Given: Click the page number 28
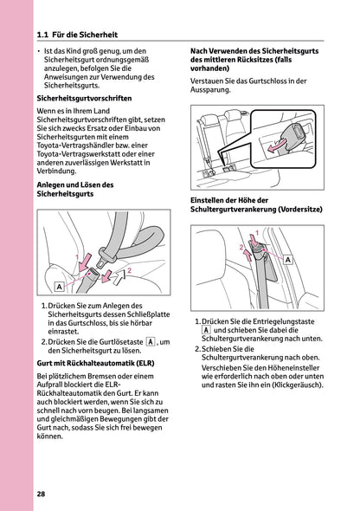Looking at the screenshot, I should (x=42, y=493).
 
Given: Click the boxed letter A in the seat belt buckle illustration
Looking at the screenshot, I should (x=59, y=285).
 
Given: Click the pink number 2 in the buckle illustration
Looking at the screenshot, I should (x=129, y=271).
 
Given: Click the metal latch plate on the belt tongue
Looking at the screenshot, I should (x=108, y=257).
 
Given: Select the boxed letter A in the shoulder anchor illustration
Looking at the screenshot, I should (x=286, y=259).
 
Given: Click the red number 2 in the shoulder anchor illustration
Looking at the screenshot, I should (x=242, y=248).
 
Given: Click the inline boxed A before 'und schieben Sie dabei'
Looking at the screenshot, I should (x=205, y=330).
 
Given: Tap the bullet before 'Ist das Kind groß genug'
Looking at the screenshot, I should (x=40, y=52).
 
